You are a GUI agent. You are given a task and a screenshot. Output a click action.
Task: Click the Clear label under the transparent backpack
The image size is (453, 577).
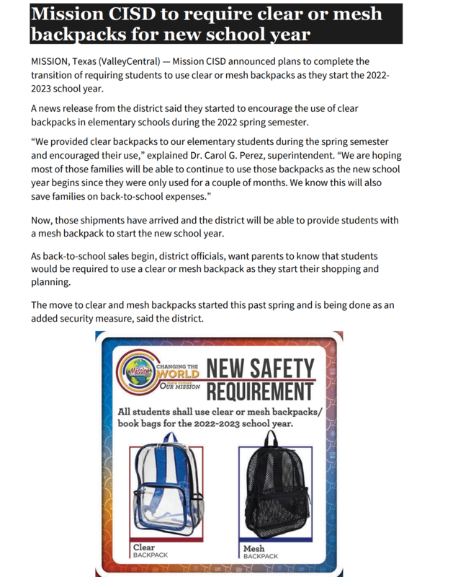click(144, 549)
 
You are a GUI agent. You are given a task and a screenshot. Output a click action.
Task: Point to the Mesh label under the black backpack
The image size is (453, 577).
click(254, 549)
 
